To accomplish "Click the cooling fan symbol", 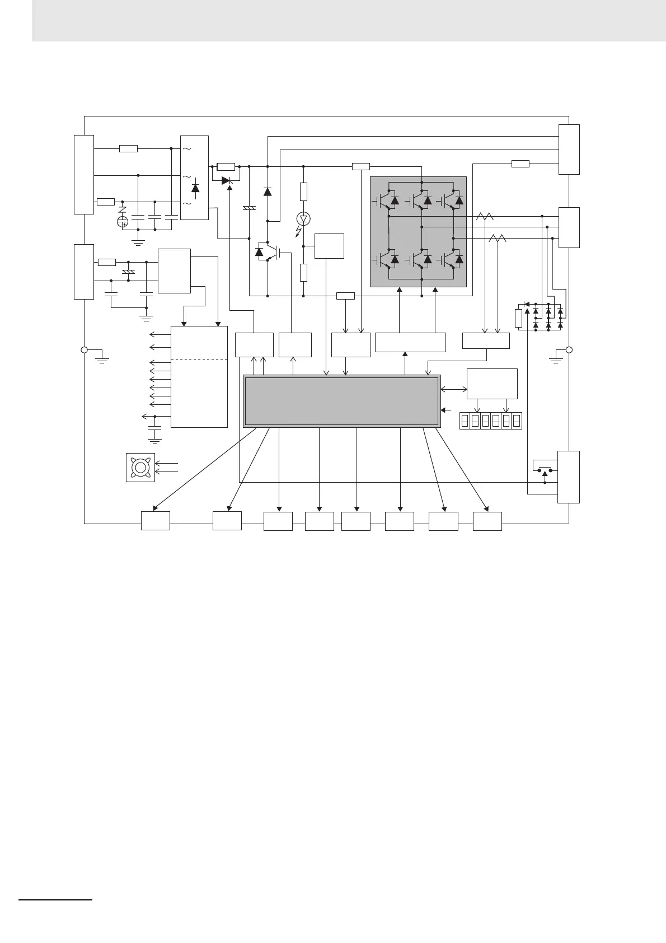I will click(140, 468).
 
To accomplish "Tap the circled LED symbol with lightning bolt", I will click(303, 219).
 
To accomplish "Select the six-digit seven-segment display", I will click(491, 421).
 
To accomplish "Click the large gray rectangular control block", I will click(341, 401).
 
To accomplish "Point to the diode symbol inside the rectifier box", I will click(195, 188).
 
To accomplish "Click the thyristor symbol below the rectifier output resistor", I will click(227, 181).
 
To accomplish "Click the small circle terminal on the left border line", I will click(84, 350).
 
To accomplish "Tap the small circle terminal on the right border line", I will click(569, 350).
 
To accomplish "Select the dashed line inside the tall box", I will click(199, 359).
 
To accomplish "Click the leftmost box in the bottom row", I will click(155, 521).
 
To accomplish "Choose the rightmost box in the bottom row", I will click(487, 521).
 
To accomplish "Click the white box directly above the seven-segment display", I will click(492, 384).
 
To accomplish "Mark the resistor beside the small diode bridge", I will click(518, 318).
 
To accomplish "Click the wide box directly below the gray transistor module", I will click(410, 342).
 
